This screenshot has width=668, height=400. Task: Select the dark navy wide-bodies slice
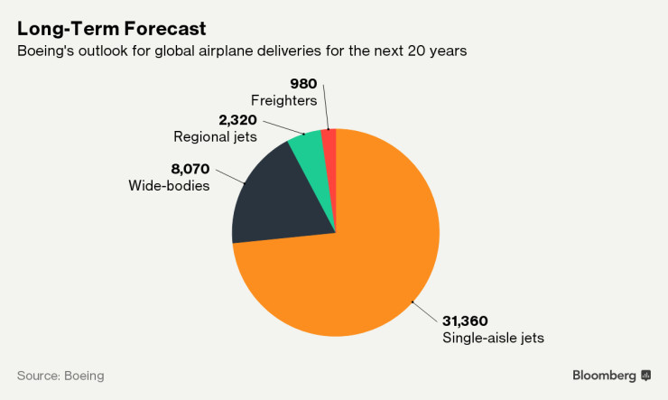(275, 194)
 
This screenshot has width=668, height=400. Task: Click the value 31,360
(467, 321)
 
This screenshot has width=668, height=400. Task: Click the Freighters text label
(283, 100)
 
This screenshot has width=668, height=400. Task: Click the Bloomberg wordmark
(604, 375)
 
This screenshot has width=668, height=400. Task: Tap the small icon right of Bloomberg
(645, 375)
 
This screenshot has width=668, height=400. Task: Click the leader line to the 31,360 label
(424, 310)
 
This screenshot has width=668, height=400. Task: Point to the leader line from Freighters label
(327, 108)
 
